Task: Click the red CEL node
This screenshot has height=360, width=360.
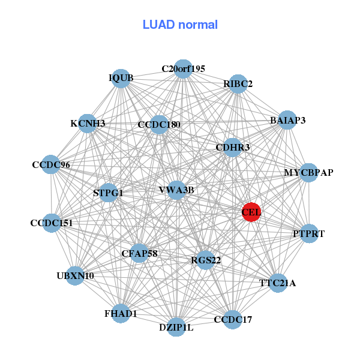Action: pyautogui.click(x=251, y=212)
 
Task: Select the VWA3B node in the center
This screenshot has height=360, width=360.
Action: pyautogui.click(x=176, y=190)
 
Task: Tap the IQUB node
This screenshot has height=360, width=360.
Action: pyautogui.click(x=121, y=79)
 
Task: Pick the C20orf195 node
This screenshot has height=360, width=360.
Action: pyautogui.click(x=183, y=69)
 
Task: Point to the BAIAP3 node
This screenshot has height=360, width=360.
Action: pyautogui.click(x=287, y=120)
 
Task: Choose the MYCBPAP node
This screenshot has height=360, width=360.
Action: pyautogui.click(x=308, y=173)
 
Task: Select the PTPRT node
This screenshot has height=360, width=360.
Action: pyautogui.click(x=308, y=233)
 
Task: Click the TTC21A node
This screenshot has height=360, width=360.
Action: pyautogui.click(x=277, y=283)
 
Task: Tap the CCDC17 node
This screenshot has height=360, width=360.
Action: pyautogui.click(x=233, y=319)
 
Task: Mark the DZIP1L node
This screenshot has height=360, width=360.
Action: pyautogui.click(x=176, y=327)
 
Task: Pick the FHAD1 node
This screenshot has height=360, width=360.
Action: pyautogui.click(x=121, y=313)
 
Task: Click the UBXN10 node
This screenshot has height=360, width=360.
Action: pyautogui.click(x=75, y=276)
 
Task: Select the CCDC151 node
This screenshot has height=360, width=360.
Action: pyautogui.click(x=52, y=223)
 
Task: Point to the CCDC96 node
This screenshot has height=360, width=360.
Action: pyautogui.click(x=51, y=164)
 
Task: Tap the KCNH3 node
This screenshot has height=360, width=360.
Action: pyautogui.click(x=88, y=124)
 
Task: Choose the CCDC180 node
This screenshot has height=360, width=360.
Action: pyautogui.click(x=158, y=125)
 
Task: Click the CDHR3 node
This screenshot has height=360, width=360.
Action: pyautogui.click(x=232, y=147)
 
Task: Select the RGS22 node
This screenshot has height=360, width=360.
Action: pyautogui.click(x=206, y=260)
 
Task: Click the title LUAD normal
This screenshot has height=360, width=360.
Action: pyautogui.click(x=180, y=25)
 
